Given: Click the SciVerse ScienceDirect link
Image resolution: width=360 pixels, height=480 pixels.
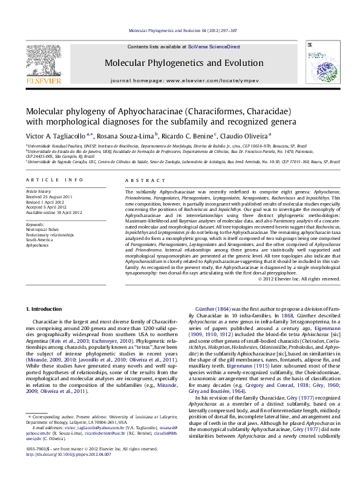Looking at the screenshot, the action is click(214, 47).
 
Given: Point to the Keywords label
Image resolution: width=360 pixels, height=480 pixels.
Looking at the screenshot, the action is click(36, 225).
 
